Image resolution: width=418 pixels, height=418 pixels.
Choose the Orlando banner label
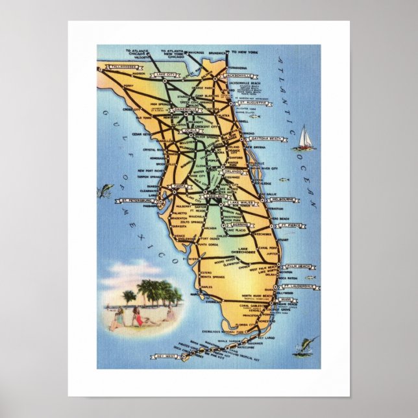tap(233, 171)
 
